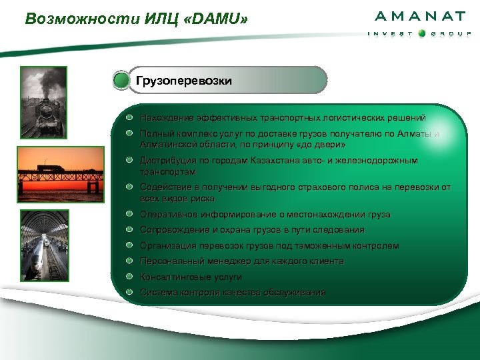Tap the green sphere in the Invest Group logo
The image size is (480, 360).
click(421, 33)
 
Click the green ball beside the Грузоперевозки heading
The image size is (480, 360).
click(121, 81)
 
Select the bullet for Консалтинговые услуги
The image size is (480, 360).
click(131, 277)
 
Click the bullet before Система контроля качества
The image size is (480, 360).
click(131, 292)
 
